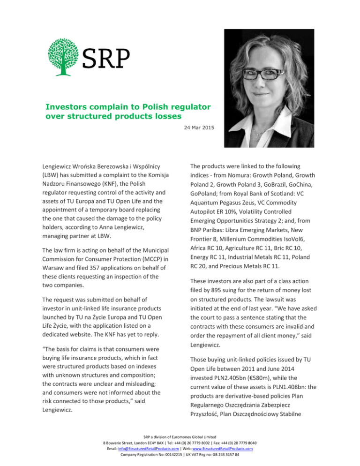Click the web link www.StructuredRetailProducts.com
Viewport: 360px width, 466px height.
tap(223, 448)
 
